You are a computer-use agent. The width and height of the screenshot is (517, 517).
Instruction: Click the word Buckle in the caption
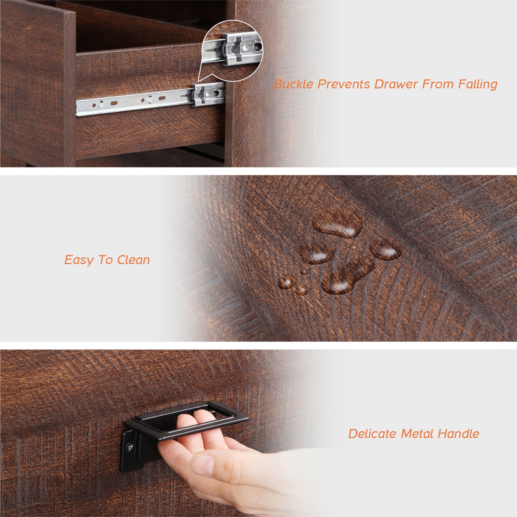pyautogui.click(x=294, y=84)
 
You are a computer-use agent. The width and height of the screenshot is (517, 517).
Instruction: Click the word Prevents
pyautogui.click(x=343, y=84)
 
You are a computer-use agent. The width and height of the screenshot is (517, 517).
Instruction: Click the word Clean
pyautogui.click(x=133, y=260)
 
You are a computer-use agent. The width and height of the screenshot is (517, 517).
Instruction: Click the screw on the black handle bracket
pyautogui.click(x=130, y=447)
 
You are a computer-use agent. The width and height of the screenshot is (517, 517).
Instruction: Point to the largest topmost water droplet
pyautogui.click(x=337, y=225)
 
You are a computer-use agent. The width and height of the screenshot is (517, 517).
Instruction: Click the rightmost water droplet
pyautogui.click(x=386, y=249)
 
